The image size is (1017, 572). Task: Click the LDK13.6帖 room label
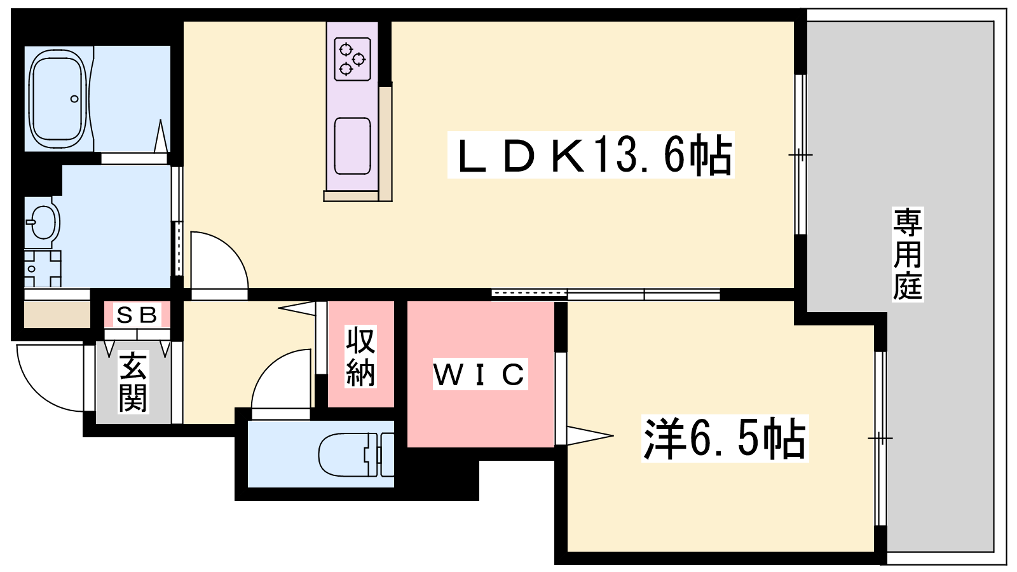(x=590, y=155)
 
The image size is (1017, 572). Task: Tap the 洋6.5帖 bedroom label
(x=725, y=439)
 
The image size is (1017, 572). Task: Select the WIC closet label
(x=480, y=374)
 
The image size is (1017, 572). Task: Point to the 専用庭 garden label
(x=908, y=254)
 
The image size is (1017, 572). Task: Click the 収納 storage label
(x=360, y=357)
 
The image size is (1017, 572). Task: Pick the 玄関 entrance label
(x=133, y=382)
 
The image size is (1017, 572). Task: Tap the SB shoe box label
(x=137, y=315)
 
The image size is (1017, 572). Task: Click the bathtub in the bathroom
(x=58, y=99)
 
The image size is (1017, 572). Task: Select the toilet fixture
(x=356, y=455)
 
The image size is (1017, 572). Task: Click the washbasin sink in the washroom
(x=43, y=222)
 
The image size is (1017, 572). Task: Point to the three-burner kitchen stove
(x=352, y=60)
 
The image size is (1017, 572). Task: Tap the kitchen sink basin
(x=352, y=146)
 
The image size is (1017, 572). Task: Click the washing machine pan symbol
(x=42, y=268)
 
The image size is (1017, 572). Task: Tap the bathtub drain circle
(x=74, y=99)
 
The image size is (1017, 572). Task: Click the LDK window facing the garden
(x=800, y=155)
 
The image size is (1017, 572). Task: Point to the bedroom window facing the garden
(x=880, y=438)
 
